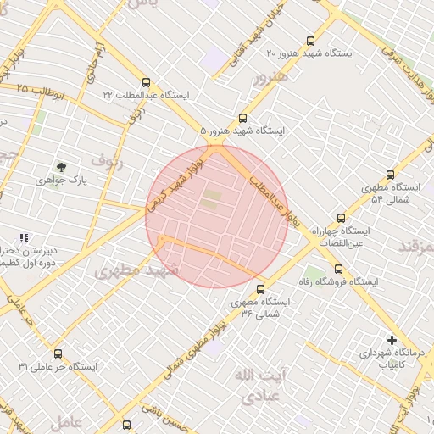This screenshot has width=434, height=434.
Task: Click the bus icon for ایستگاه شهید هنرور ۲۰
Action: (312, 40)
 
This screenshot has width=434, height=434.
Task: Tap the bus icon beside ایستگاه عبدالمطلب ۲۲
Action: (147, 83)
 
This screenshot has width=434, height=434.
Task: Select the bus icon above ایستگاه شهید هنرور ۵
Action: (243, 119)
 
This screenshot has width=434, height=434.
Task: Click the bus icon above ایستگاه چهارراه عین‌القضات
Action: (341, 218)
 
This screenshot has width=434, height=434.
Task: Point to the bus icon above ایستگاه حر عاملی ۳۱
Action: (58, 353)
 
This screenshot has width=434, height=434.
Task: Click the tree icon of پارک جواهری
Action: (61, 167)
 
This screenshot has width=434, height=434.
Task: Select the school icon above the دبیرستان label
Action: (24, 238)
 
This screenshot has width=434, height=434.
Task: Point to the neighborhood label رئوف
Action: (108, 160)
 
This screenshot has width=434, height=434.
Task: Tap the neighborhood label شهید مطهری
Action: (137, 270)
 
